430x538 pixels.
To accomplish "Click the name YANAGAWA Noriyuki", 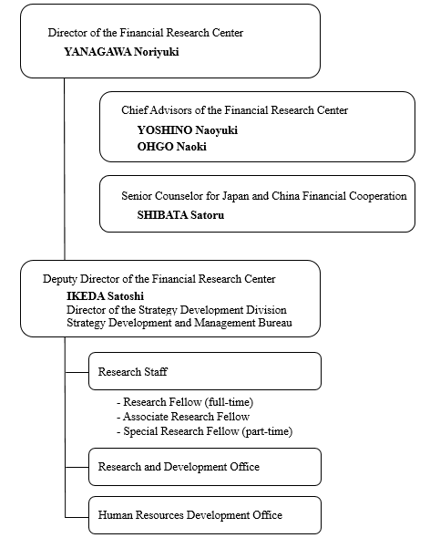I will [x=121, y=52].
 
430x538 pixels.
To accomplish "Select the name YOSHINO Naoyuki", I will [x=187, y=130].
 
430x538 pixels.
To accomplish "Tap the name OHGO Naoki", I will [x=172, y=146].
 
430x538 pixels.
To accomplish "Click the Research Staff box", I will [x=204, y=371].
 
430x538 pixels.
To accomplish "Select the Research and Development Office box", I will [x=204, y=467].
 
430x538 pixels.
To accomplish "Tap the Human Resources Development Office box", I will [x=204, y=515].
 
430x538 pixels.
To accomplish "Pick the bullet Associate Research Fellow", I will [x=183, y=417].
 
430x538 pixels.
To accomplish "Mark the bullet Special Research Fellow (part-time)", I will [x=204, y=431].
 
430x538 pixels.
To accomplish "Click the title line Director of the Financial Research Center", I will [x=146, y=33].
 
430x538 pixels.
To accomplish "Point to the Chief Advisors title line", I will [x=235, y=110].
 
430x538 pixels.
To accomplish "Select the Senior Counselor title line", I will [x=264, y=196].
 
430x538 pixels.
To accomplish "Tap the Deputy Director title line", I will [x=159, y=278].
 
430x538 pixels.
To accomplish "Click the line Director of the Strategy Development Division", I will [x=176, y=310].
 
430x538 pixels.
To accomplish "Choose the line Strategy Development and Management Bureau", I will [x=179, y=324].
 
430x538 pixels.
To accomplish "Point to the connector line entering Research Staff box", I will [x=77, y=371].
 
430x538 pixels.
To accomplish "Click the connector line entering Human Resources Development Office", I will [x=77, y=515].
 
